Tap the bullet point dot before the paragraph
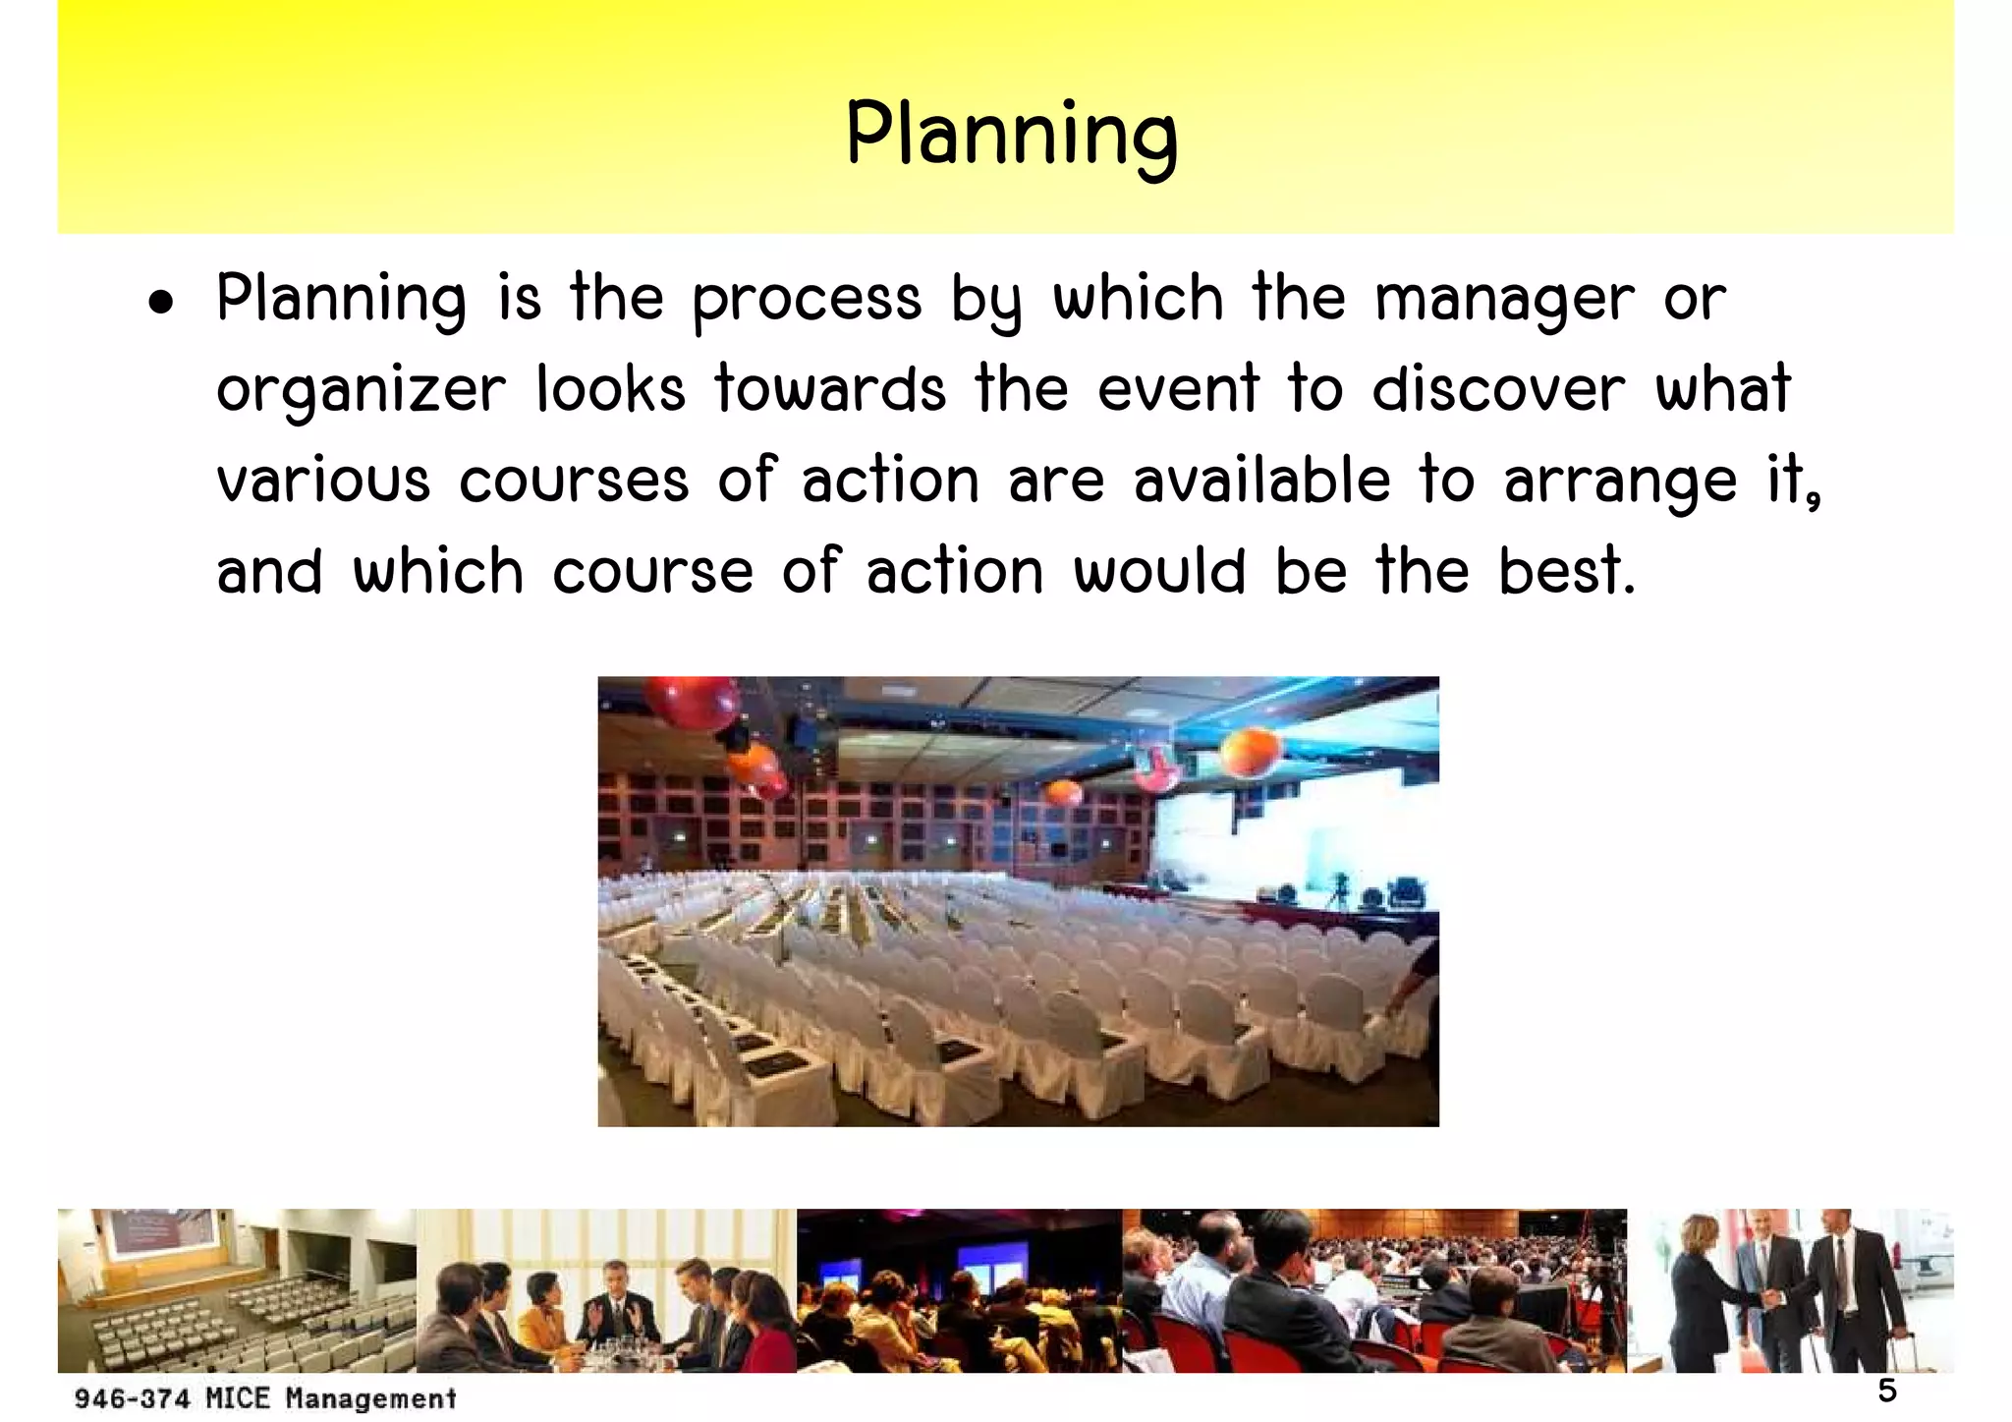coord(161,304)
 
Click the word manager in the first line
coord(1505,300)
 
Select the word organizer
coord(361,391)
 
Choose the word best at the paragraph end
coord(1566,571)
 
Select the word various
coord(323,481)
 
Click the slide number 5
coord(1887,1391)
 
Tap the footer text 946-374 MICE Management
coord(265,1398)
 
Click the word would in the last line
coord(1160,571)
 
